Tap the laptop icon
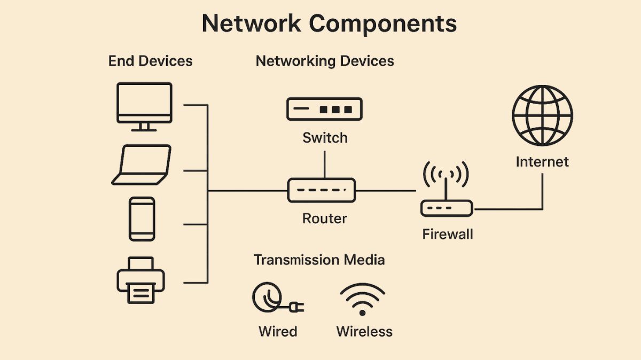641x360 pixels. pos(142,165)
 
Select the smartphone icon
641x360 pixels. pos(142,219)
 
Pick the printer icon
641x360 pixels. pos(141,280)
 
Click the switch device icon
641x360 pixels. pos(324,109)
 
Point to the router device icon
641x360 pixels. pos(322,190)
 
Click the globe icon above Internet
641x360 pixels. pos(542,115)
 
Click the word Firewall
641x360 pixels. pos(448,234)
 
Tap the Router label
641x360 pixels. pos(324,218)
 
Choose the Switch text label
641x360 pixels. pos(325,138)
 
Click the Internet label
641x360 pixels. pos(542,162)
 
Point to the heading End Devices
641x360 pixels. pos(150,61)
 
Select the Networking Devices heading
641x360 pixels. pos(325,61)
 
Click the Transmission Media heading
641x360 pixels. pos(319,260)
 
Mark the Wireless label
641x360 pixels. pos(364,331)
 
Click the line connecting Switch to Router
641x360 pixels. pos(324,165)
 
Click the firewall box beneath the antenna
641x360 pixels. pos(447,208)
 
